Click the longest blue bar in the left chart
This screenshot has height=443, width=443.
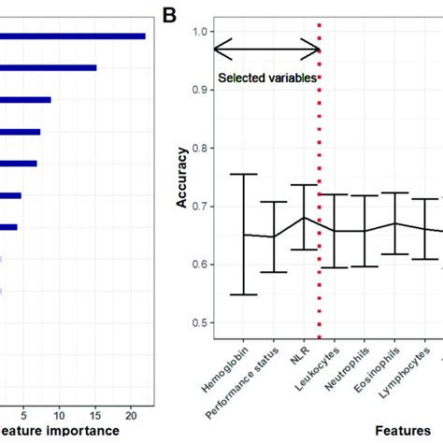[x=73, y=36]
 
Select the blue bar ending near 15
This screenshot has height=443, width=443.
[x=49, y=67]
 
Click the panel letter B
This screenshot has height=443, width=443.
[x=169, y=15]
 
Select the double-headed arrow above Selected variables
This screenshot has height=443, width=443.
[x=266, y=49]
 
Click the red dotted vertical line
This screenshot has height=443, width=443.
[x=320, y=187]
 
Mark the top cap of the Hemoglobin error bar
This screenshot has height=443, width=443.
[x=243, y=174]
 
